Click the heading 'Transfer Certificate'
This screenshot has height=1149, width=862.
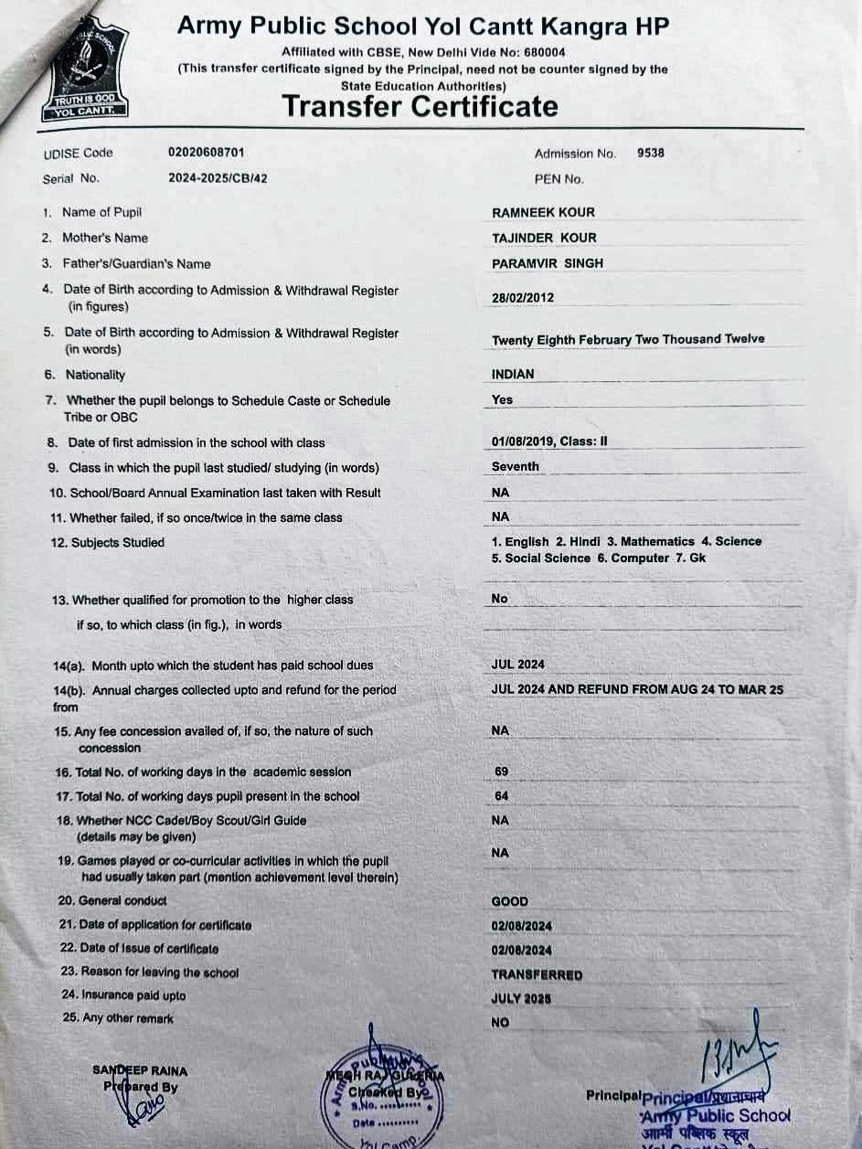point(420,106)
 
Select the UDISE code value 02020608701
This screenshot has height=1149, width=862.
point(206,153)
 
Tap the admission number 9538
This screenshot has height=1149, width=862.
point(651,153)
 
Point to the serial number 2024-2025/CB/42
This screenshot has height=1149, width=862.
point(218,178)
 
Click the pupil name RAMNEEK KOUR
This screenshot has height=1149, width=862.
point(543,212)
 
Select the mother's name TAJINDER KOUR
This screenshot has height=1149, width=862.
point(544,238)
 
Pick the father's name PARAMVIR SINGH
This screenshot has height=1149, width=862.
point(548,263)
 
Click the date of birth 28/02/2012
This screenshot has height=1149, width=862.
point(523,297)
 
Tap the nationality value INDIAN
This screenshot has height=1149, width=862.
point(513,374)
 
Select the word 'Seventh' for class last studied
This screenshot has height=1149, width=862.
point(516,466)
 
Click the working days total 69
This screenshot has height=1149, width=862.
point(501,771)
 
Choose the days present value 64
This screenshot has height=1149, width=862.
point(501,796)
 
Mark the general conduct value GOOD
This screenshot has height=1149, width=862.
point(509,901)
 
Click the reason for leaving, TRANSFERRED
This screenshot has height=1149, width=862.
point(537,974)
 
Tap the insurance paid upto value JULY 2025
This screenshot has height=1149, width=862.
point(521,999)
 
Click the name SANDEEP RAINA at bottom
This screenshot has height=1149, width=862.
point(140,1069)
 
